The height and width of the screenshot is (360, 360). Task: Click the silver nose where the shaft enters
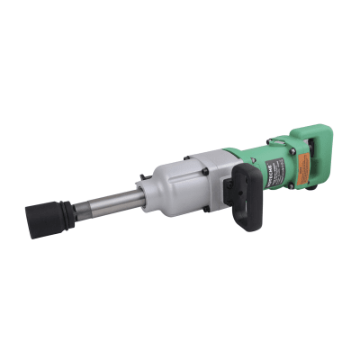141,190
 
